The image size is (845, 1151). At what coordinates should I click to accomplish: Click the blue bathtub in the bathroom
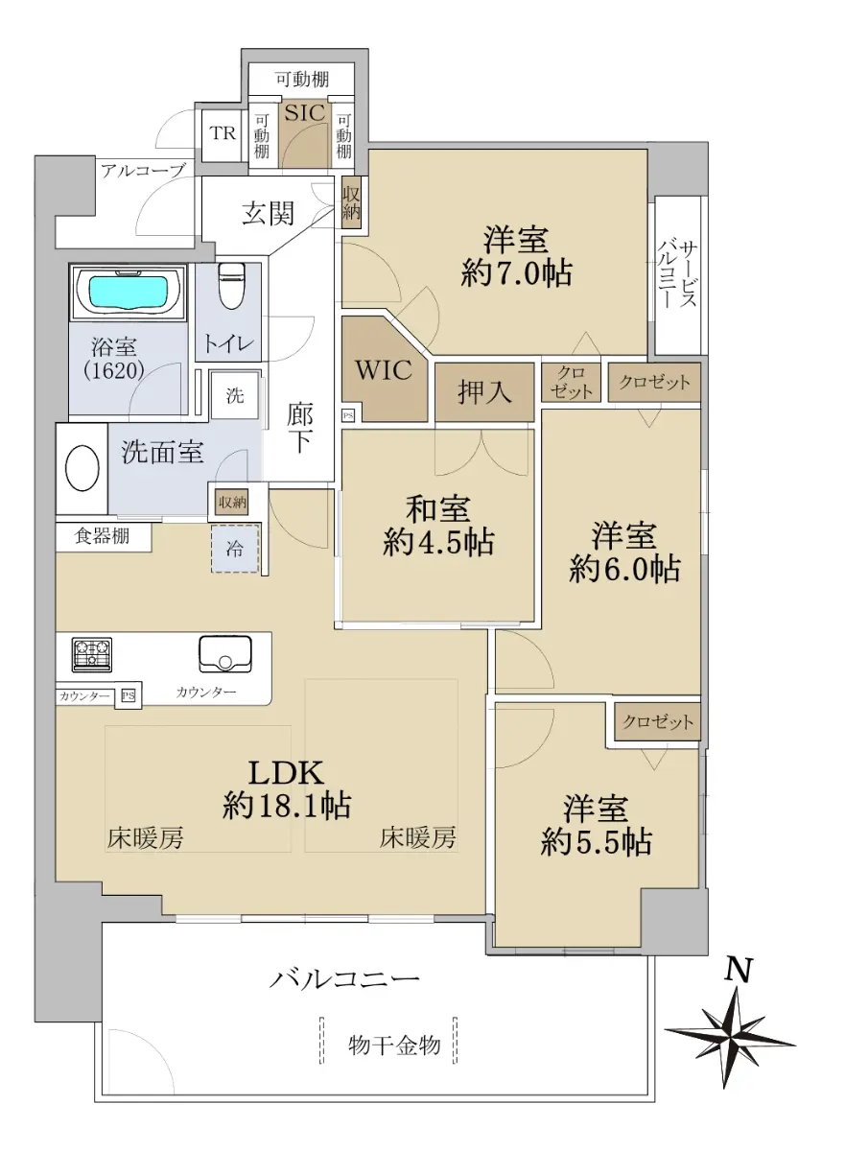(128, 293)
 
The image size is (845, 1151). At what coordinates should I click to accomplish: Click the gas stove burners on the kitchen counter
(92, 654)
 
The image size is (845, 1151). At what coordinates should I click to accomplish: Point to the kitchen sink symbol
(225, 654)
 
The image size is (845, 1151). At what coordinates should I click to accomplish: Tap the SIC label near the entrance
(305, 112)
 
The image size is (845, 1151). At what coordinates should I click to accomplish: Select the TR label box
(223, 133)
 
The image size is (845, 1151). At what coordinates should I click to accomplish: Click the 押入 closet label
(484, 391)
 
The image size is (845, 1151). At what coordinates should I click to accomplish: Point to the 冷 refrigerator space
(235, 549)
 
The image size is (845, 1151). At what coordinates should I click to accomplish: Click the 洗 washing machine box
(235, 395)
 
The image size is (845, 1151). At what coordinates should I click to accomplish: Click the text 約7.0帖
(516, 272)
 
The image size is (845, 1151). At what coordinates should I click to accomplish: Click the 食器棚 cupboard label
(102, 536)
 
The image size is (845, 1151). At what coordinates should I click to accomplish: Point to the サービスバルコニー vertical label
(677, 275)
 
